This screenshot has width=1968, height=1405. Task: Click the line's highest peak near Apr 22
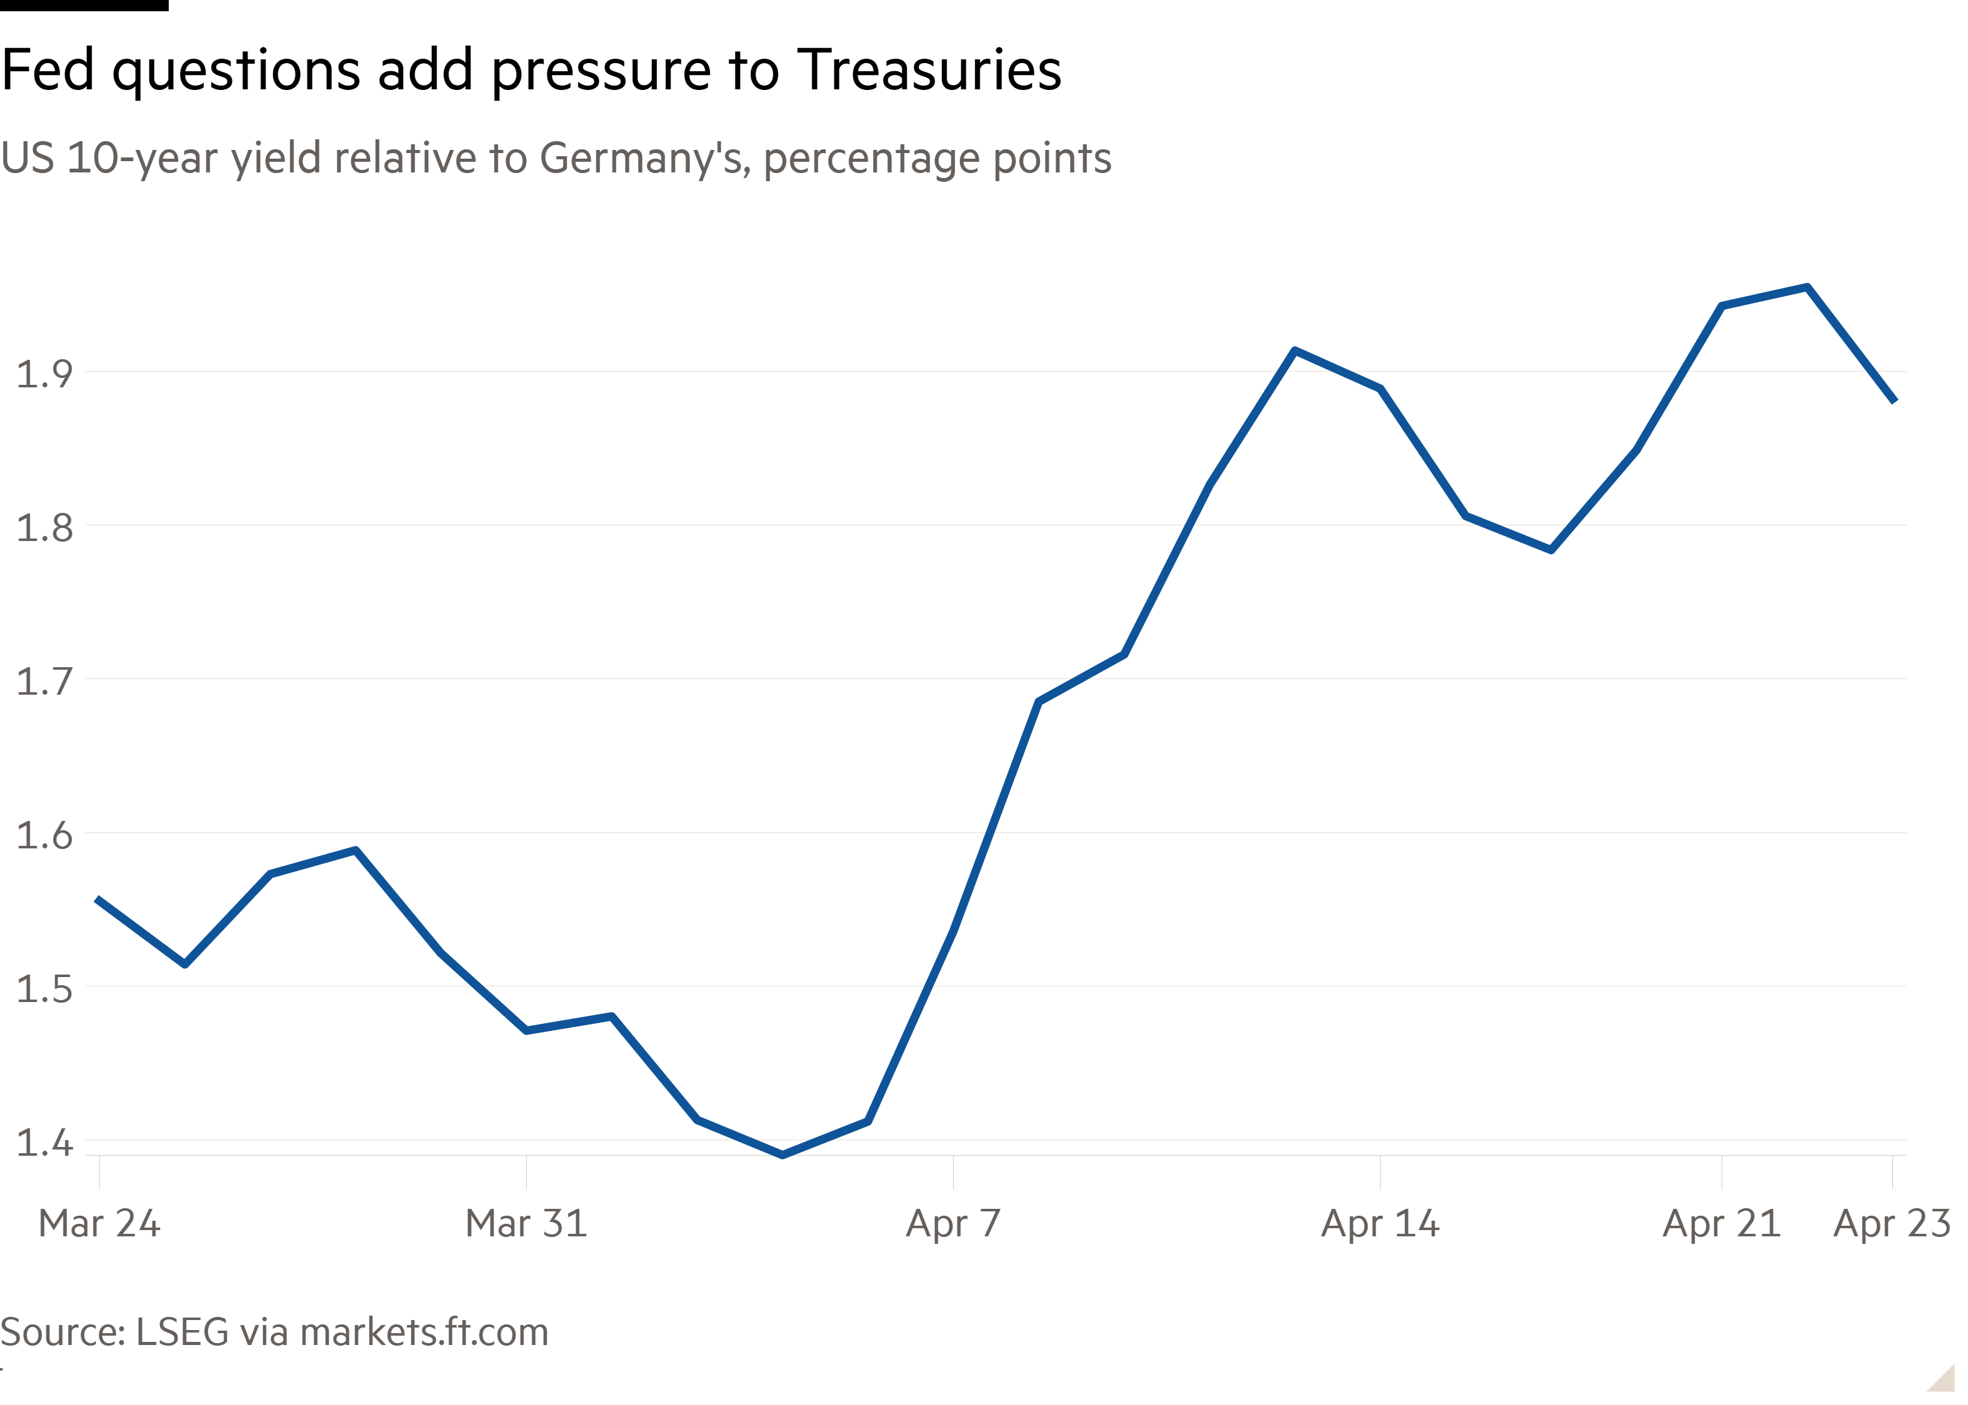pos(1807,287)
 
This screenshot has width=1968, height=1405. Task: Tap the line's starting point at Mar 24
pos(97,899)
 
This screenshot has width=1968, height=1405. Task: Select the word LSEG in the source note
pos(182,1333)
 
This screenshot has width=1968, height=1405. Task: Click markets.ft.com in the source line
pos(424,1333)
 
